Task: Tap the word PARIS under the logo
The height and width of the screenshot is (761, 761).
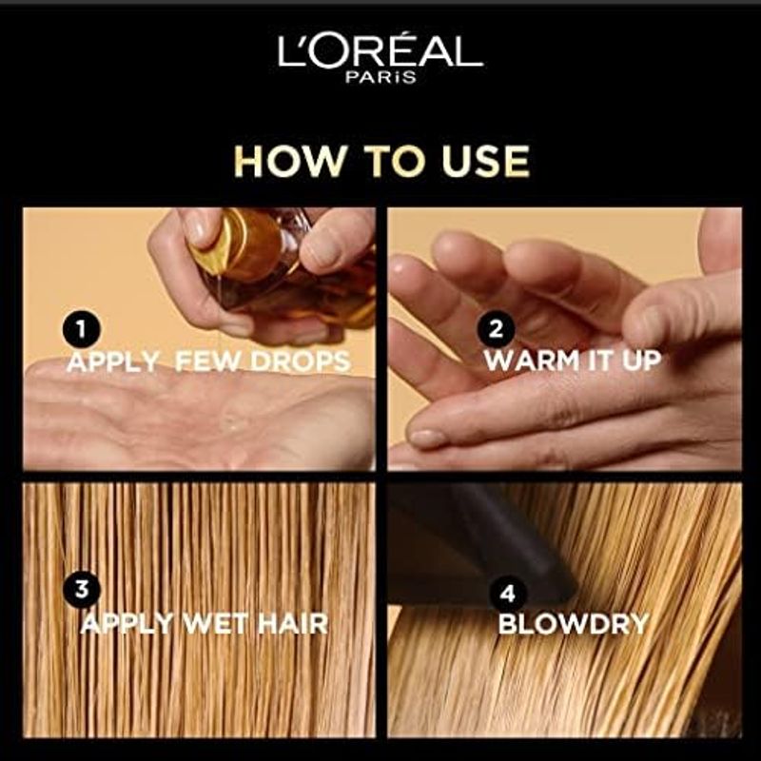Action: [x=380, y=77]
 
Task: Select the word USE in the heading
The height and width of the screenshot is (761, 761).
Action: [x=485, y=162]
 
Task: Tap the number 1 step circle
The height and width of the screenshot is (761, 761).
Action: [x=81, y=330]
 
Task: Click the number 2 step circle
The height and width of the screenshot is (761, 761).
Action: [x=496, y=330]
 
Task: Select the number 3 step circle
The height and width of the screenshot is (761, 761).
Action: [x=81, y=589]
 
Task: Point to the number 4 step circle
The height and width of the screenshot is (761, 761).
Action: [x=508, y=594]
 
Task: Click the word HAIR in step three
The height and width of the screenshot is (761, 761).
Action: [x=293, y=624]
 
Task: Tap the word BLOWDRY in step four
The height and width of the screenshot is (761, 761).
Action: [x=574, y=624]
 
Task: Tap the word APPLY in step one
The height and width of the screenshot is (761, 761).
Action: [x=113, y=361]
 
